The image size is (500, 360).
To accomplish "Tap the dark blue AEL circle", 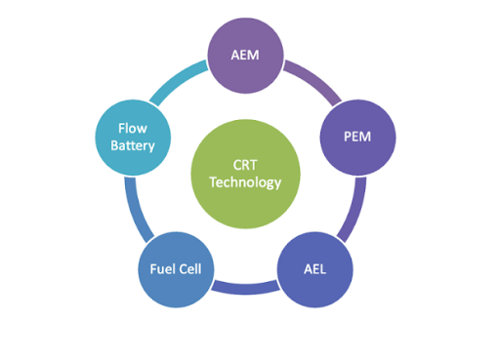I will click(315, 267).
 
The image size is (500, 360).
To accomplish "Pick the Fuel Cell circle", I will click(176, 267).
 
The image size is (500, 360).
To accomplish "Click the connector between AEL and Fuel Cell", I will click(245, 287).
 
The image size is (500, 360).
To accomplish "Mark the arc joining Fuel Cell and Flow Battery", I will click(138, 206).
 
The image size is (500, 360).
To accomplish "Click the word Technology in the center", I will click(245, 182).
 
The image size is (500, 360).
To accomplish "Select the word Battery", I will click(133, 144).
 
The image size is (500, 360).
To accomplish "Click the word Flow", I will click(133, 127).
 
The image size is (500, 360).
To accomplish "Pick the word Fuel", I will click(161, 267).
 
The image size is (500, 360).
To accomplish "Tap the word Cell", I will click(189, 267).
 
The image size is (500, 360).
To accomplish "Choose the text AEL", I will click(315, 267).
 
